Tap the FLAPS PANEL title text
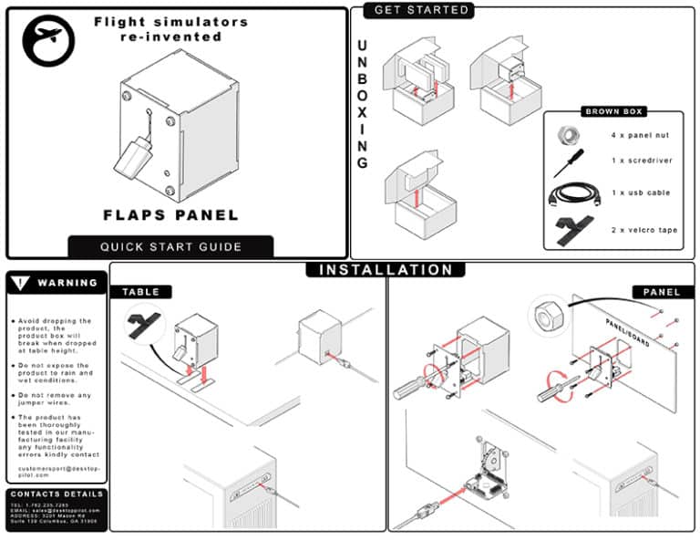(x=170, y=215)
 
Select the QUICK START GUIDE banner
(x=170, y=246)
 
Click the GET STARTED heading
(x=421, y=10)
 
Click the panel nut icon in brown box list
(x=567, y=134)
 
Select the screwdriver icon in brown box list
(x=566, y=163)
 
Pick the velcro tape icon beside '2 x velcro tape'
(x=571, y=229)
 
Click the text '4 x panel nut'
(x=641, y=135)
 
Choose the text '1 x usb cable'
(x=641, y=193)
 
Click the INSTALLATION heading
(x=385, y=270)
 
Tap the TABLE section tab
(x=140, y=292)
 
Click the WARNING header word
(x=67, y=283)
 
